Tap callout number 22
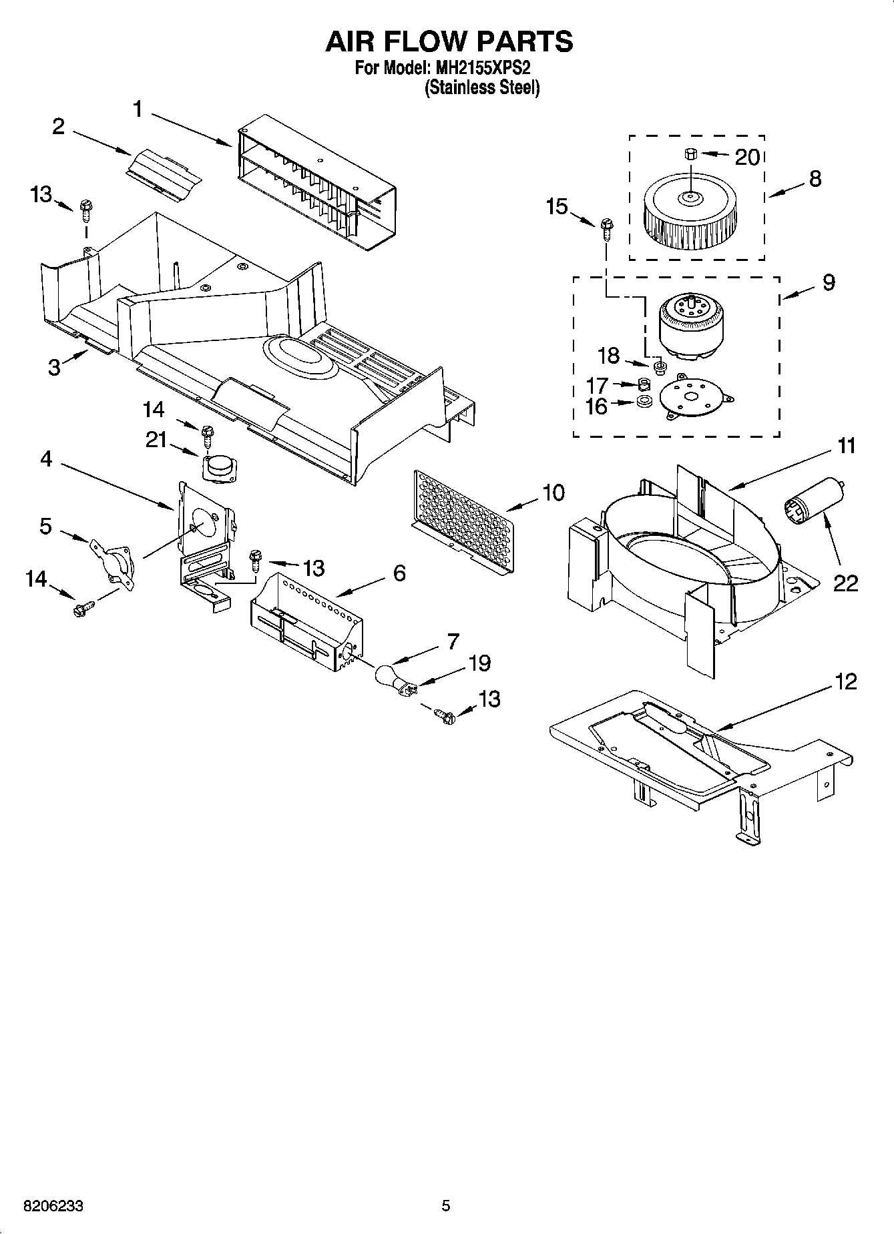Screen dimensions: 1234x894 pos(845,583)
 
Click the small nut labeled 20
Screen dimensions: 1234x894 pos(690,154)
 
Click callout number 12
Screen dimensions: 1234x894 pos(845,681)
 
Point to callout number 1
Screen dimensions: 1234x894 pos(138,109)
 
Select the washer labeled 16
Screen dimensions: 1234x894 pos(644,403)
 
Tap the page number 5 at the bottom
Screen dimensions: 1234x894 pos(445,1205)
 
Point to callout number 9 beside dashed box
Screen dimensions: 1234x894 pos(828,282)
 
